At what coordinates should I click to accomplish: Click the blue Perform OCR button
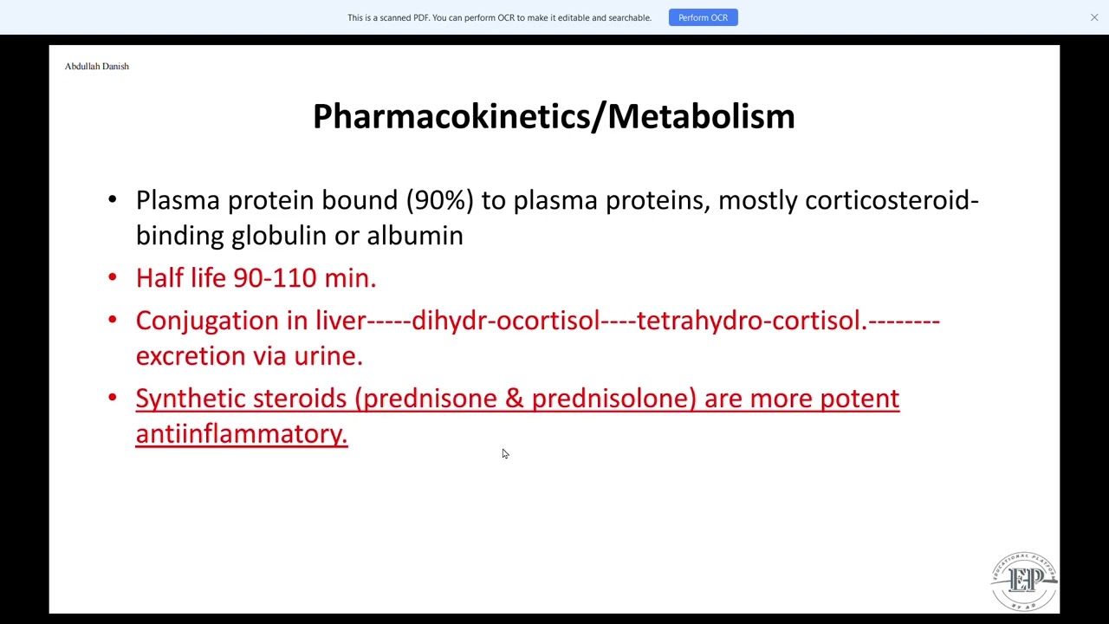703,17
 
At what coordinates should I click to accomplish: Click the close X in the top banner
1094,17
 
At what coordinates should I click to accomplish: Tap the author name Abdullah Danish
96,66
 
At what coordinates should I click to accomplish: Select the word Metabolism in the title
701,116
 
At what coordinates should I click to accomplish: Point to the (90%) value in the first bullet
440,200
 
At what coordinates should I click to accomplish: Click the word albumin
414,236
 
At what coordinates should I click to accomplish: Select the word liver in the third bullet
340,321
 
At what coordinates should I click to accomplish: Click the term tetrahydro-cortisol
751,321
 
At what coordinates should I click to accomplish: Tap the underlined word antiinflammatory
241,434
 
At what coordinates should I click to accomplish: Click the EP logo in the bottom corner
1024,582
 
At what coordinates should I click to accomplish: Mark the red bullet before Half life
113,277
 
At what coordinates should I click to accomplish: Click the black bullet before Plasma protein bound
113,200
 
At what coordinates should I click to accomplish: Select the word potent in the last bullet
859,399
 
